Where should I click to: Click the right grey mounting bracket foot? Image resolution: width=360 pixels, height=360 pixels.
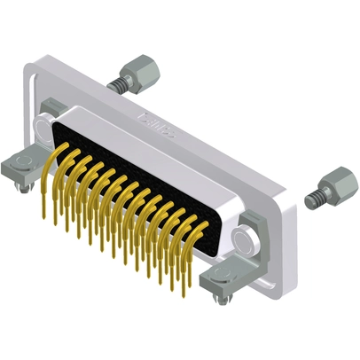click(x=221, y=279)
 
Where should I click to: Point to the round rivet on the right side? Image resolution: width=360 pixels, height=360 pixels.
click(x=245, y=239)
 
